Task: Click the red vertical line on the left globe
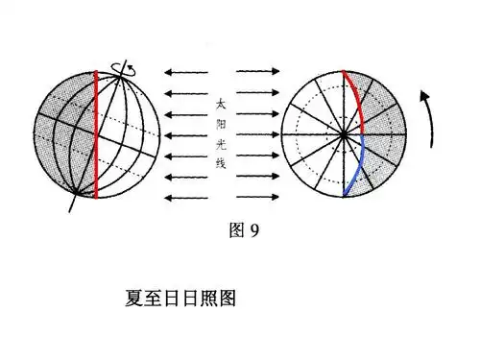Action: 95,134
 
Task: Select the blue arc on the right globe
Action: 357,168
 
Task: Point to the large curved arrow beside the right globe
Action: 428,115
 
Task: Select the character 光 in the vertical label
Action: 221,143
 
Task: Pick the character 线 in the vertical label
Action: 221,165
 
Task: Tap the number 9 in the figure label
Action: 255,229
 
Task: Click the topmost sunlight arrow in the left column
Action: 184,71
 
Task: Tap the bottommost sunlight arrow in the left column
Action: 184,198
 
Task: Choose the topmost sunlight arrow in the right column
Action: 258,71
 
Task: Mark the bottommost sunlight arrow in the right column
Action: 258,198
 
